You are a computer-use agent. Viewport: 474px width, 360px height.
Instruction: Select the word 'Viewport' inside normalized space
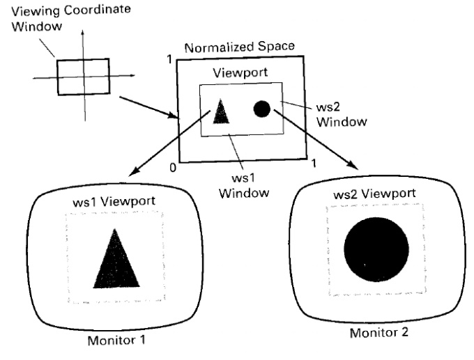pyautogui.click(x=240, y=73)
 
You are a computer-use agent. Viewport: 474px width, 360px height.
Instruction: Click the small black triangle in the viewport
pyautogui.click(x=221, y=111)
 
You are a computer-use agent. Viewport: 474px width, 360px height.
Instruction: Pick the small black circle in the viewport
pyautogui.click(x=261, y=109)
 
